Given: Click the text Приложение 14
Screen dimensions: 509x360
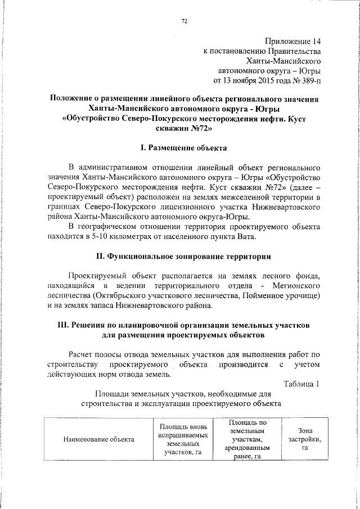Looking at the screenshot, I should (293, 40).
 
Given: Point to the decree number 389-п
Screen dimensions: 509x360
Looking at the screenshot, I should (308, 81).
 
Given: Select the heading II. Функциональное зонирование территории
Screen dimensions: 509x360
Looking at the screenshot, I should (183, 256).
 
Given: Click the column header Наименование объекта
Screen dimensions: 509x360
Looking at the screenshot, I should (98, 439).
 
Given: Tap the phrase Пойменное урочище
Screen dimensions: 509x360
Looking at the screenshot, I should (286, 295).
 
